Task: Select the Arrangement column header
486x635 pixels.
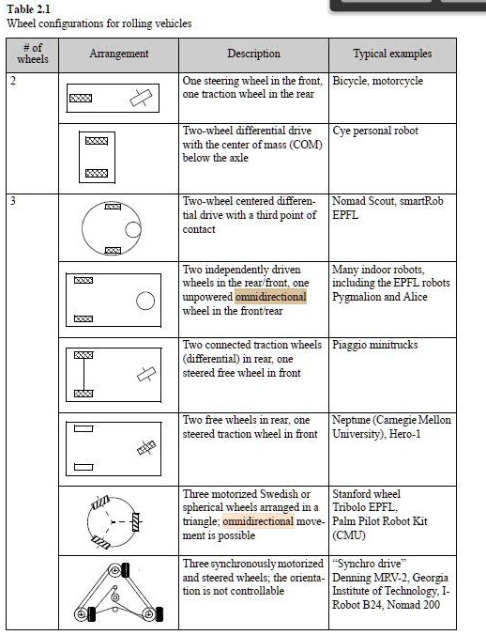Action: (119, 54)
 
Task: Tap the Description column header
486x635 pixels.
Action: (253, 54)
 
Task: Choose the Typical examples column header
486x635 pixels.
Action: (392, 54)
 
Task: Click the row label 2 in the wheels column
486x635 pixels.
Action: (13, 82)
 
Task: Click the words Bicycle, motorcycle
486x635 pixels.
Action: (377, 82)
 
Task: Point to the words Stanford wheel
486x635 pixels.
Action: (367, 493)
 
